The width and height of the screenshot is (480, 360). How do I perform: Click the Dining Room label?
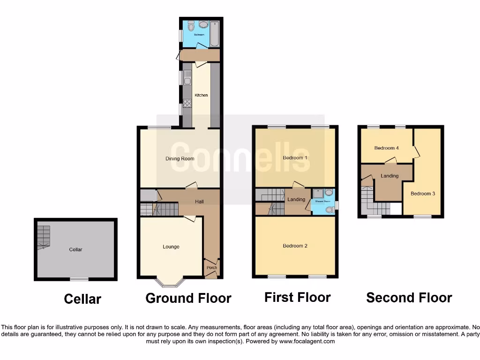180,158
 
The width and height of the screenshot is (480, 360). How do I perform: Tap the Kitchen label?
201,95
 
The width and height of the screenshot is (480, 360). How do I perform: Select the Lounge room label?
171,247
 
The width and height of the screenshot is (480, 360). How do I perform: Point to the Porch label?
212,268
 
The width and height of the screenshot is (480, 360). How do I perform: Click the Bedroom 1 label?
295,157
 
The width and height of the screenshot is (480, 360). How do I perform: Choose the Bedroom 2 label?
295,246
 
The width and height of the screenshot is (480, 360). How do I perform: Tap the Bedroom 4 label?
386,148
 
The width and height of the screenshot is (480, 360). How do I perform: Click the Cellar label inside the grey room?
75,249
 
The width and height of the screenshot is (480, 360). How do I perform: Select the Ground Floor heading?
188,298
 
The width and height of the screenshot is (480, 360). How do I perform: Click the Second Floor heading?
409,298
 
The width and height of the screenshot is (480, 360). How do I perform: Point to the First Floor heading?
297,297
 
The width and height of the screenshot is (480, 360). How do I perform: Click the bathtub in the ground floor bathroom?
215,34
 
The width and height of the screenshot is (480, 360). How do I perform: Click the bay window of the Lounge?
171,282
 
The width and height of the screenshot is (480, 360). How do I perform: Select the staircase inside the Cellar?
44,237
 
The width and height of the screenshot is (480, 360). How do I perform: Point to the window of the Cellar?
79,279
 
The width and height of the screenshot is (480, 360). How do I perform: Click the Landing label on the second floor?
390,176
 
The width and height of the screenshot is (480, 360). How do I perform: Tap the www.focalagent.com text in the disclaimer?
308,342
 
